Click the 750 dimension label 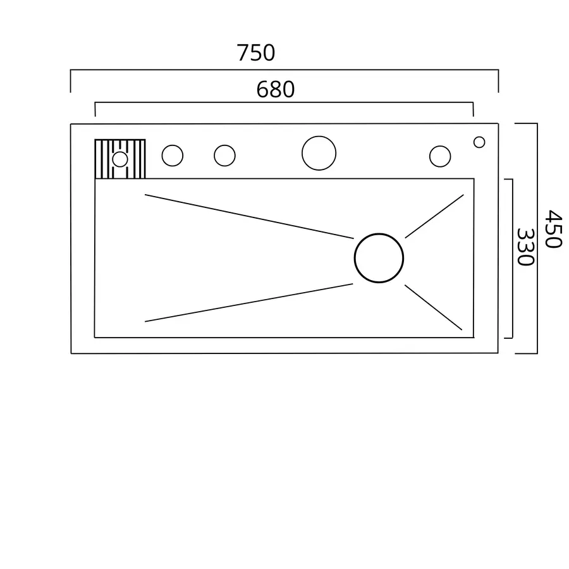coord(256,53)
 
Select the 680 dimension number coord(276,90)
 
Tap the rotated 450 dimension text coord(553,229)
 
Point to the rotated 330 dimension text coord(525,247)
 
